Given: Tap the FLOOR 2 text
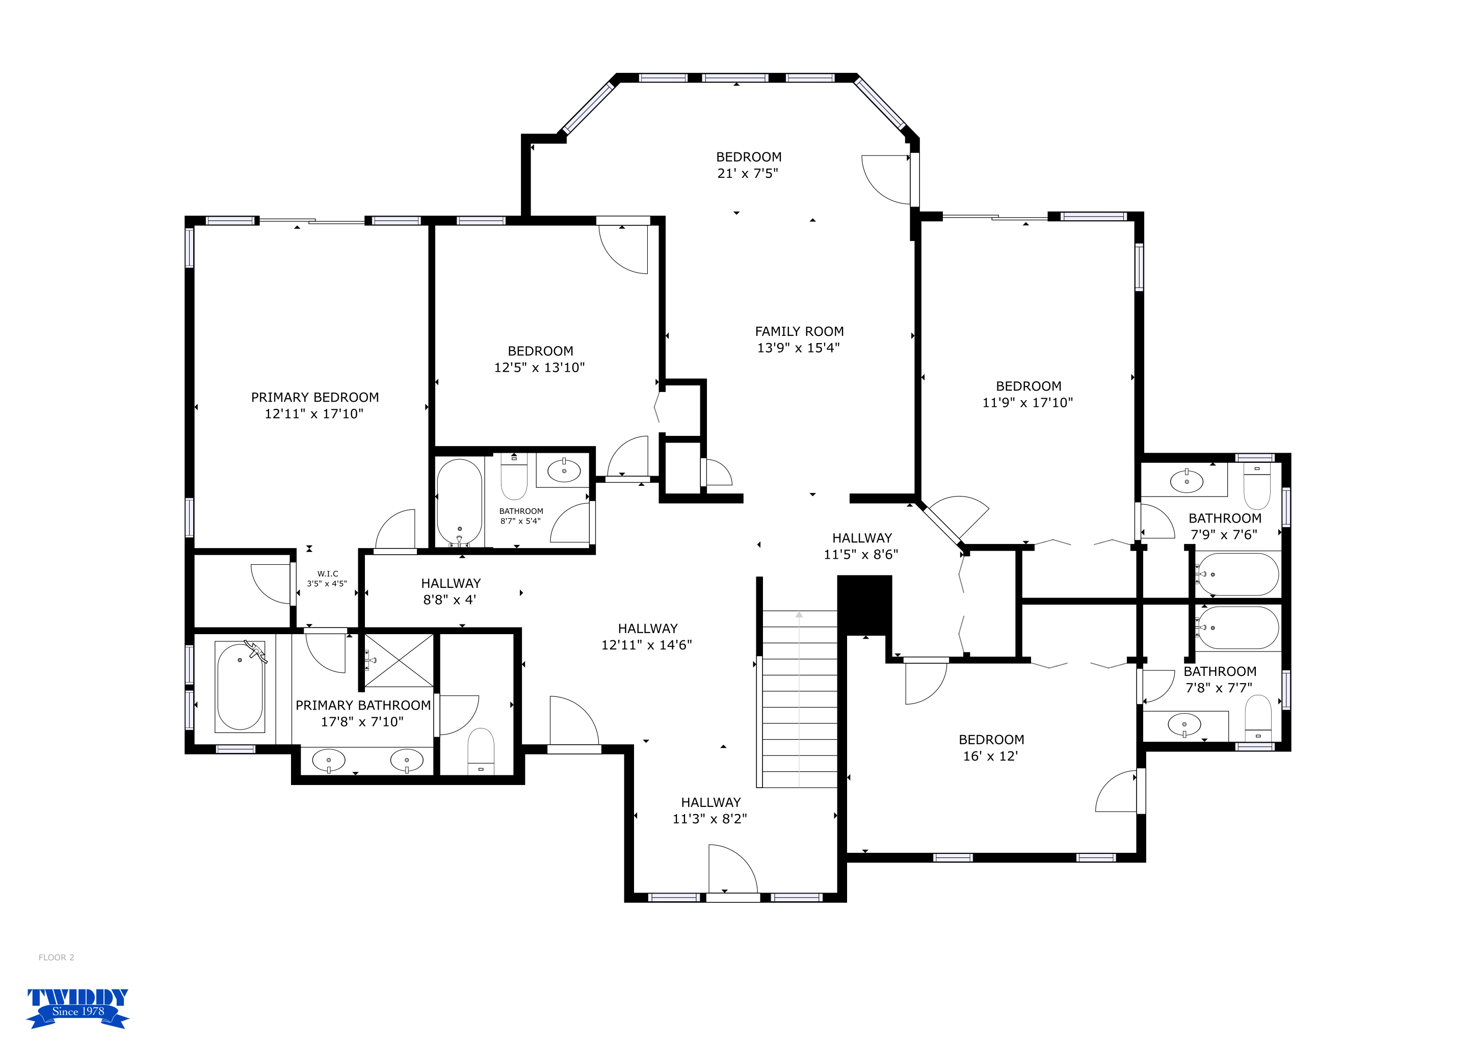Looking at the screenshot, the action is coord(57,957).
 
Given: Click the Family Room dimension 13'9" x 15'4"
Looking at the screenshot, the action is coord(799,348).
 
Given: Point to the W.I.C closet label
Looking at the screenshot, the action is coord(327,579).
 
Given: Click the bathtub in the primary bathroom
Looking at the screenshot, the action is coord(240,686).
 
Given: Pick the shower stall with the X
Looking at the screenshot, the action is coord(399,660).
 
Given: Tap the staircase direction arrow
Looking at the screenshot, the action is coord(799,699).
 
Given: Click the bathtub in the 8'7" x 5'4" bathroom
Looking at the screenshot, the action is coord(460,502).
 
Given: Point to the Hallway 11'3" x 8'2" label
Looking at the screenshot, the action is coord(710,811).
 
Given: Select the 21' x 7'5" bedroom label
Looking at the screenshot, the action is coord(748,165).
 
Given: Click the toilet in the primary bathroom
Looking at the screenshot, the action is coord(481,751).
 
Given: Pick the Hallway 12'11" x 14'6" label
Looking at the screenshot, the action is coord(647,636).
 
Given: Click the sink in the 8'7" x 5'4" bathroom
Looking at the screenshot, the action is coord(564,471).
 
